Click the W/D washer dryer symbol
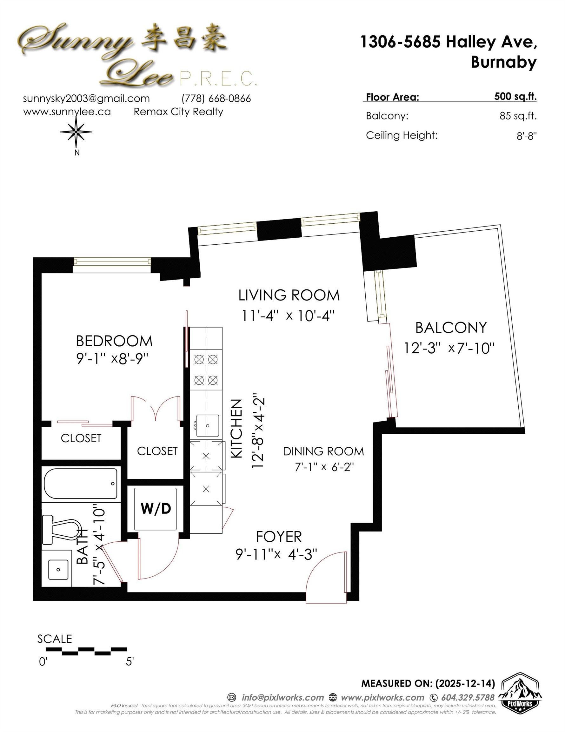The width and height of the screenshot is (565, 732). point(156,509)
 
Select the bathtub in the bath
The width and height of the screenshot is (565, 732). point(80,483)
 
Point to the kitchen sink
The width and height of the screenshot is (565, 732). point(207,426)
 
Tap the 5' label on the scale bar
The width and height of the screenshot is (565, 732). point(130,661)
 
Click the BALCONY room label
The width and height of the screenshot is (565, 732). point(451,328)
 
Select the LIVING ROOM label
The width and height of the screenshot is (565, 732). point(289,295)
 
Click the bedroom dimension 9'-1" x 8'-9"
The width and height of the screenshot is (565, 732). point(112,359)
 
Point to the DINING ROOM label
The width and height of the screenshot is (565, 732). point(323,451)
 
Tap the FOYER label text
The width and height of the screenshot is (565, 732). point(279,537)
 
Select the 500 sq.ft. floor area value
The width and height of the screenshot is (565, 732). point(515,97)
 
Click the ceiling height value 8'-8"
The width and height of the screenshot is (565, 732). point(526,136)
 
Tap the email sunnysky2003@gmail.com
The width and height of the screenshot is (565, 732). point(86,98)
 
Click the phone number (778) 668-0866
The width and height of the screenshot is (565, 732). point(216,98)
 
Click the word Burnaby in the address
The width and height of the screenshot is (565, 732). point(503,62)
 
